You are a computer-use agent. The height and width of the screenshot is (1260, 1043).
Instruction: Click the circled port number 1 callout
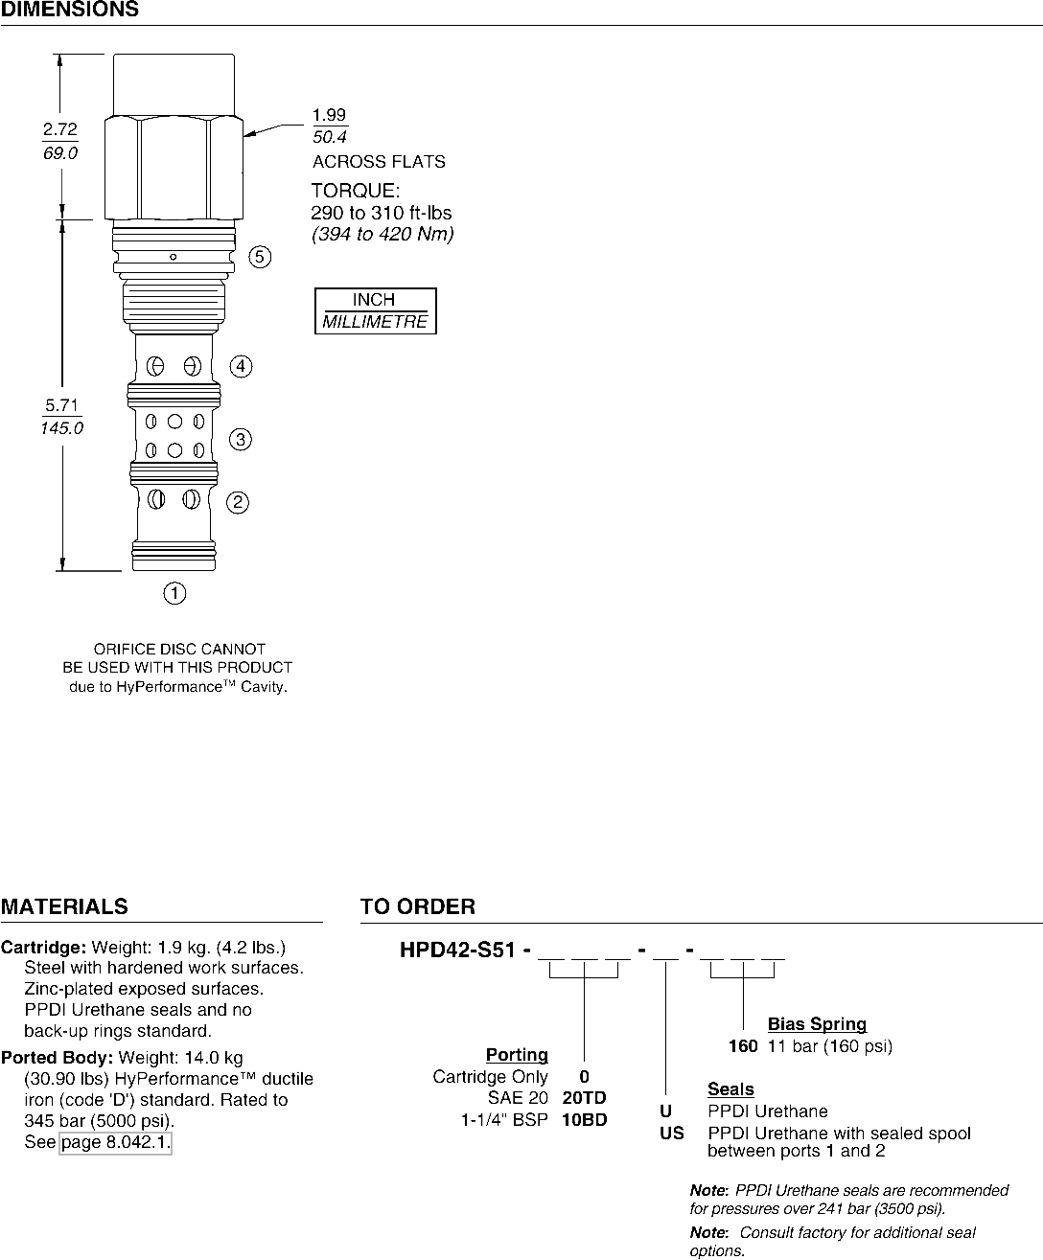point(174,594)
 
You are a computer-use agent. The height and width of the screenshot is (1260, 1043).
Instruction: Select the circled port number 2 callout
point(238,502)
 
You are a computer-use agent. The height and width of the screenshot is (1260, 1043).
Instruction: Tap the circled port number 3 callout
point(240,440)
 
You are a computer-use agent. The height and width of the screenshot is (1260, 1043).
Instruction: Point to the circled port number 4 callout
point(241,367)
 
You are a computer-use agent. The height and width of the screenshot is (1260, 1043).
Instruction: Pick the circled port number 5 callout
point(260,257)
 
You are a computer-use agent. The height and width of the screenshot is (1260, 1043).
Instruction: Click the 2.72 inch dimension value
point(60,129)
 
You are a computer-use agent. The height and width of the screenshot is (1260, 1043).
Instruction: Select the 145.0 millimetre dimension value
point(61,428)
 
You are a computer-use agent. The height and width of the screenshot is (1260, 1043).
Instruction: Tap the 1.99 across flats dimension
point(329,116)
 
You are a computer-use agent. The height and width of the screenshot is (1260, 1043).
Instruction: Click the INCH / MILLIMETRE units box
point(375,311)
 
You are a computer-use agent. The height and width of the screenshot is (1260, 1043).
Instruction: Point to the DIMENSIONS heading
point(69,11)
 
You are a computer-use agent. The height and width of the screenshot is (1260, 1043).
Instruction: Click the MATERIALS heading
point(64,906)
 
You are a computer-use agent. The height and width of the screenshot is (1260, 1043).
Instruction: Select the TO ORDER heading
point(417,906)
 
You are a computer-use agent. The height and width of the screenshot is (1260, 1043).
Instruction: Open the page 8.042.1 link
point(115,1142)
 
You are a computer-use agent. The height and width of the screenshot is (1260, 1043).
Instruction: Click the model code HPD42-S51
point(457,951)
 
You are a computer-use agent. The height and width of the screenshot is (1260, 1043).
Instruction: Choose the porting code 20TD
point(584,1098)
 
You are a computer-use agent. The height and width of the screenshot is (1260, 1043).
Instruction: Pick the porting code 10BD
point(584,1119)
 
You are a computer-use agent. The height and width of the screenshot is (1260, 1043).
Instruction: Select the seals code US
point(672,1134)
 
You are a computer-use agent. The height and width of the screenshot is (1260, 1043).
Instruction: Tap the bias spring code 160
point(743,1046)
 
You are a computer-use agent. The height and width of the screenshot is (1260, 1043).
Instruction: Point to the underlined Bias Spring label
point(817,1024)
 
